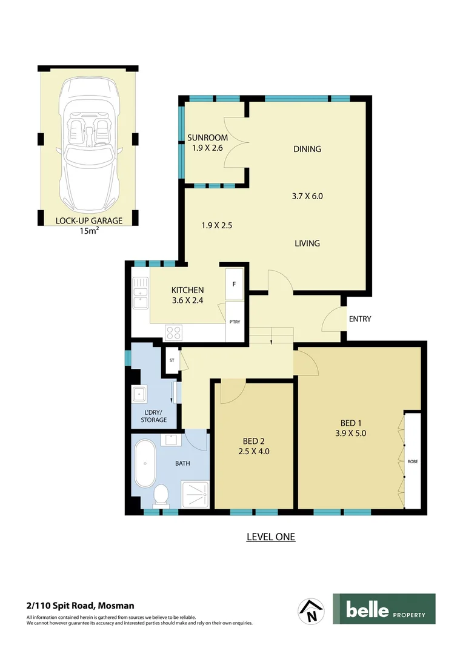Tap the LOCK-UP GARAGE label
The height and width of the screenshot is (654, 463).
tap(88, 220)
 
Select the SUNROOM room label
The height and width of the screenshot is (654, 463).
tap(207, 137)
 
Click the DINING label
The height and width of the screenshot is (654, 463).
tap(307, 149)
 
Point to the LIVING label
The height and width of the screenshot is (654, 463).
tap(307, 243)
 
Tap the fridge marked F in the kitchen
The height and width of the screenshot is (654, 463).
tap(234, 284)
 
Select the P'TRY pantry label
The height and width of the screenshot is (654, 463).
tap(234, 322)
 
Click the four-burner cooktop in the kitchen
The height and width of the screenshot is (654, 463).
tap(174, 332)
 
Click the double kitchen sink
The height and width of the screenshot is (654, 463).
tap(141, 293)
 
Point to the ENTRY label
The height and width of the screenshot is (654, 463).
tap(360, 319)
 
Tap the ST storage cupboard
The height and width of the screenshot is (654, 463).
tap(172, 361)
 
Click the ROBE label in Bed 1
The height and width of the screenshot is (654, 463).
tap(413, 461)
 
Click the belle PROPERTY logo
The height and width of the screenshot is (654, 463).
tap(384, 609)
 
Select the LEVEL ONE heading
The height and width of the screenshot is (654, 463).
tap(270, 537)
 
